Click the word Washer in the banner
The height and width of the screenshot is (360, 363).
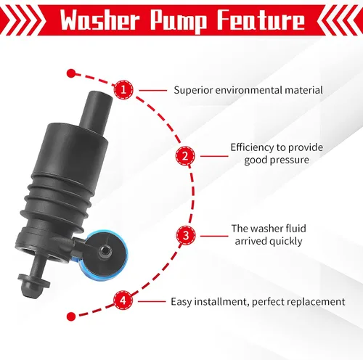tap(99, 20)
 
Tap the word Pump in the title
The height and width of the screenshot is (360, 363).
tap(179, 21)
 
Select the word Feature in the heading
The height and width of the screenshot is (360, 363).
tap(261, 20)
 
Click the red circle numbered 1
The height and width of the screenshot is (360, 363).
tap(123, 90)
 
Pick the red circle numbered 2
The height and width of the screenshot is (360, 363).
tap(185, 156)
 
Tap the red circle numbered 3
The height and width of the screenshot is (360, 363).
tap(186, 235)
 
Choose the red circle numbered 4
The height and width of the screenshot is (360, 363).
tap(123, 300)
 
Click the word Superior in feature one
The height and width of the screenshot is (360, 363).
tap(193, 91)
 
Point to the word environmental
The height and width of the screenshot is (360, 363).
tap(248, 90)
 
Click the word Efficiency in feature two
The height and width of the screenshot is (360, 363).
tap(252, 147)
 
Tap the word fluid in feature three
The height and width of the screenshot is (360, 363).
tap(295, 229)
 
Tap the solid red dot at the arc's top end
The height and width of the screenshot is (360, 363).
tap(71, 73)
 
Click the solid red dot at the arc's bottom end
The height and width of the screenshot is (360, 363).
tap(70, 316)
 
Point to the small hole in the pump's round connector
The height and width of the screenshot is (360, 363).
tap(105, 250)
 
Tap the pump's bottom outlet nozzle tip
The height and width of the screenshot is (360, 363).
tap(29, 292)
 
